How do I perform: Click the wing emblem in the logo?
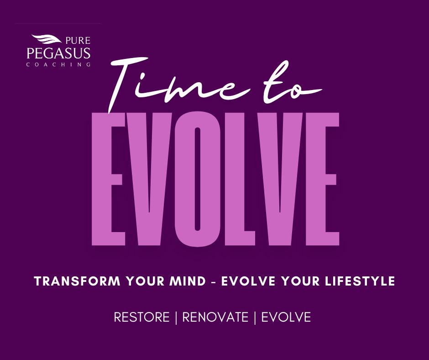pos(46,39)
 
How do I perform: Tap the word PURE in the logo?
pos(78,41)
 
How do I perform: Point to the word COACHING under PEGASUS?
pos(58,65)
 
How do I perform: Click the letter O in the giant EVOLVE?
pos(198,180)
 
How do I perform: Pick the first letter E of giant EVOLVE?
pos(108,179)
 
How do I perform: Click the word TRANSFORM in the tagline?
pos(77,281)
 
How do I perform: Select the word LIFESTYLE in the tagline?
pos(360,281)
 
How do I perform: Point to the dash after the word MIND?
pos(214,282)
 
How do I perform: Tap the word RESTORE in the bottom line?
pos(142,317)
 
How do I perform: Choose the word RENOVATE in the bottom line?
pos(215,317)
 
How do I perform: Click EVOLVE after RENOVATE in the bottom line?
pos(286,317)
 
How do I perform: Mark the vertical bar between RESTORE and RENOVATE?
pos(176,318)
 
